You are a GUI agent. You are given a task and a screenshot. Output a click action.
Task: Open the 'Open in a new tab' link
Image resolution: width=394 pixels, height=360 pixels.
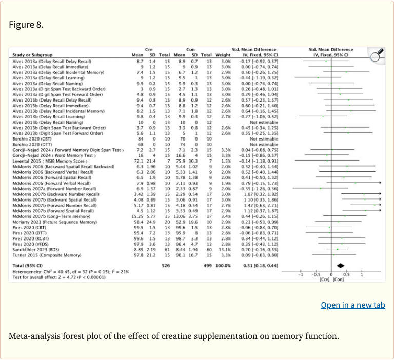352,305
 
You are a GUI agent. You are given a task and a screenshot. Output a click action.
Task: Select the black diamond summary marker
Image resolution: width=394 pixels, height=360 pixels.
339,266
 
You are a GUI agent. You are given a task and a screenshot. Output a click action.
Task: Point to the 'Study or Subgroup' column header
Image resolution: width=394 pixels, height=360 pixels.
30,55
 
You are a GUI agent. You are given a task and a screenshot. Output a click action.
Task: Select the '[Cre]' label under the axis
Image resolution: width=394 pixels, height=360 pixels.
324,280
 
